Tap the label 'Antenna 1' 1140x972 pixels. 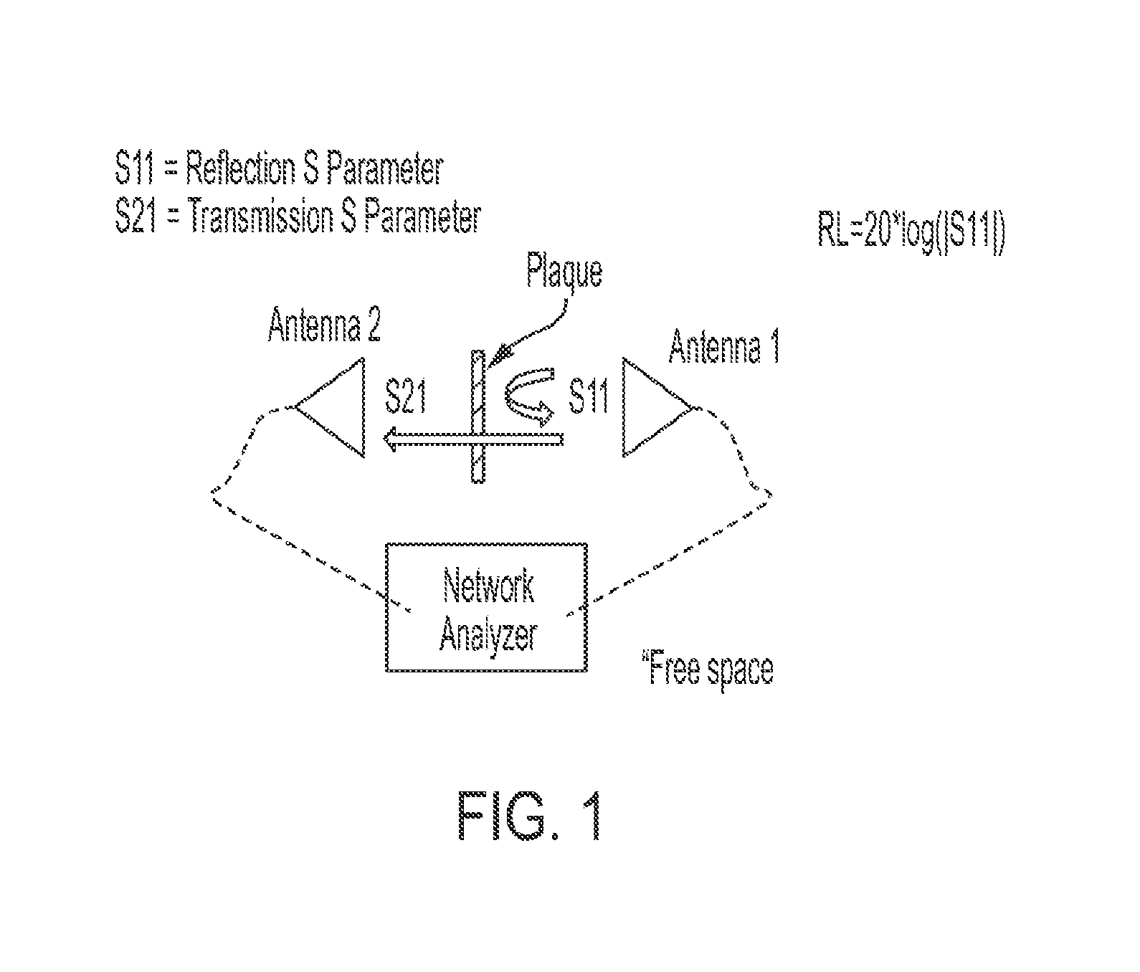coord(724,347)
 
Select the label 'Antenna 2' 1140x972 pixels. coord(324,325)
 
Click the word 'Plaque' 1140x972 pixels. coord(564,272)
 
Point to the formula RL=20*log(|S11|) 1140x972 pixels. coord(911,234)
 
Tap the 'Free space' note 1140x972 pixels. coord(710,668)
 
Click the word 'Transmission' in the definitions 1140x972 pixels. coord(258,216)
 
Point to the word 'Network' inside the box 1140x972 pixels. coord(488,586)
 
